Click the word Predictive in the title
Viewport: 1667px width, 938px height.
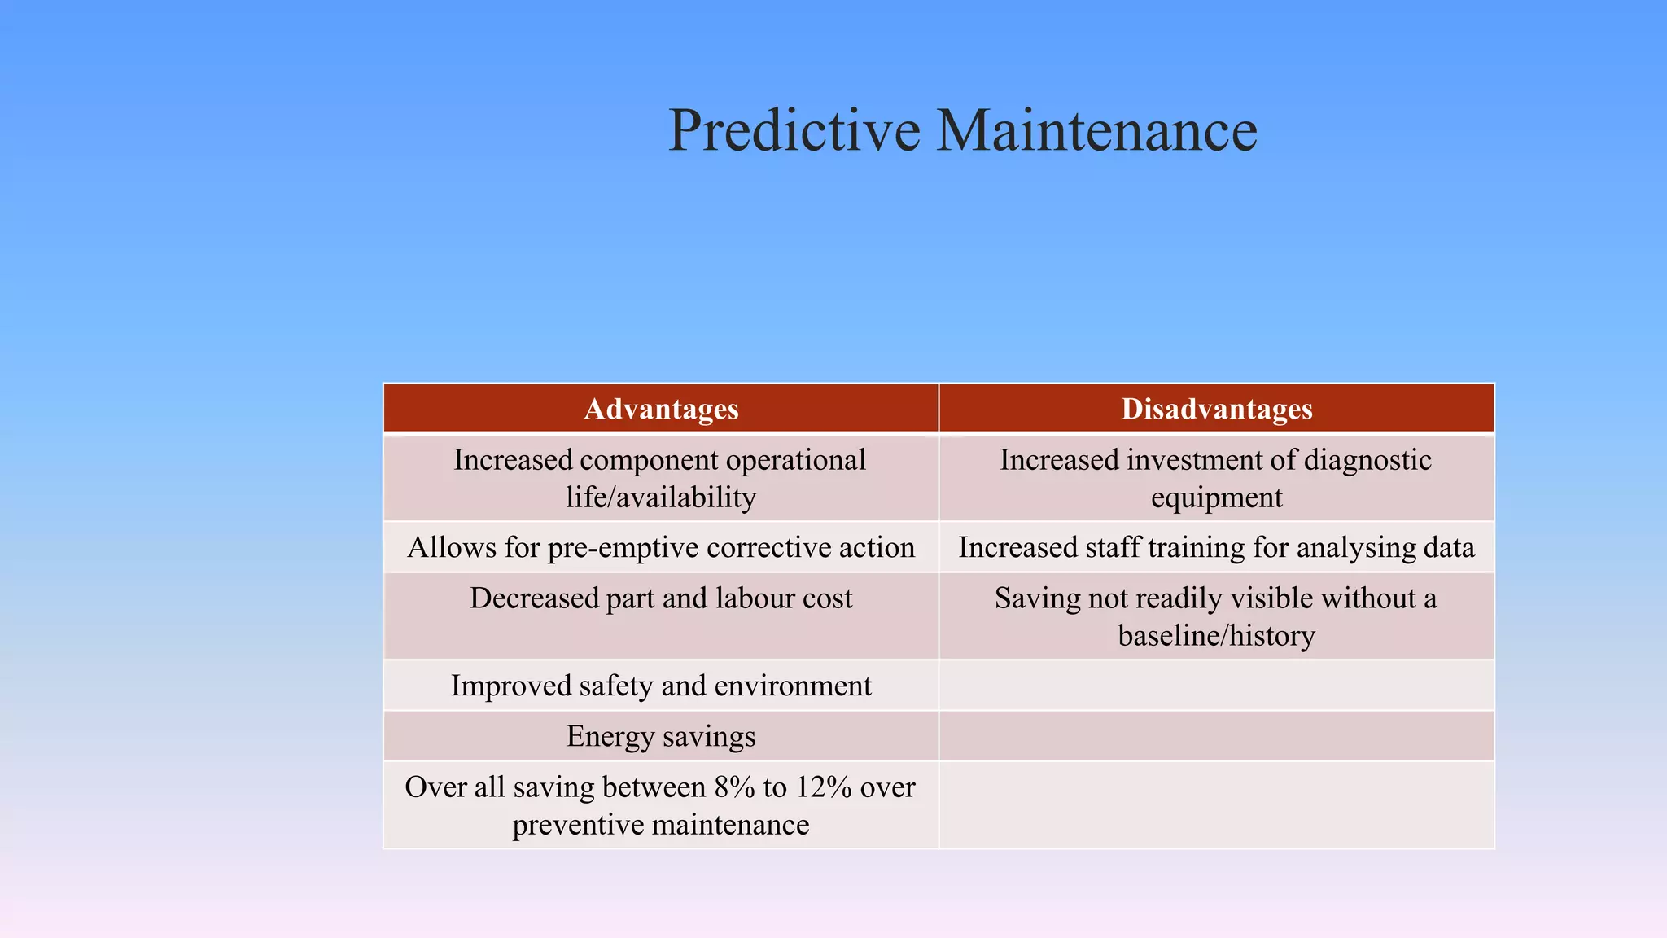(x=794, y=130)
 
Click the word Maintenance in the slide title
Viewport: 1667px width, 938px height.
(x=1096, y=130)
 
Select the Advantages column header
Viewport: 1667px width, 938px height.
(x=661, y=409)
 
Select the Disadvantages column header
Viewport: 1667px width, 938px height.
(x=1216, y=409)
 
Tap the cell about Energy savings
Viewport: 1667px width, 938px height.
(x=661, y=736)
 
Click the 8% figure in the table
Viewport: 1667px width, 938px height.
(x=733, y=787)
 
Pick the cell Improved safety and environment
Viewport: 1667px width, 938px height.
(x=661, y=686)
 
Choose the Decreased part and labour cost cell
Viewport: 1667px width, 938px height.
(x=661, y=599)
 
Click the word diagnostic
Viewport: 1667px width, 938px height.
(x=1367, y=461)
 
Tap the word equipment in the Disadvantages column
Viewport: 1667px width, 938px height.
(x=1216, y=497)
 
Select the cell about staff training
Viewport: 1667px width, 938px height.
(x=1216, y=548)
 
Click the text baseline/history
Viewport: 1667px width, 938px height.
(x=1216, y=636)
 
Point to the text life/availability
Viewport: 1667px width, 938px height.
(x=661, y=497)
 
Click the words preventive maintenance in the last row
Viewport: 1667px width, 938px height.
(x=661, y=825)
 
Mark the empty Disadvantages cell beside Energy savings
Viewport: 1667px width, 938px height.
(x=1216, y=736)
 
